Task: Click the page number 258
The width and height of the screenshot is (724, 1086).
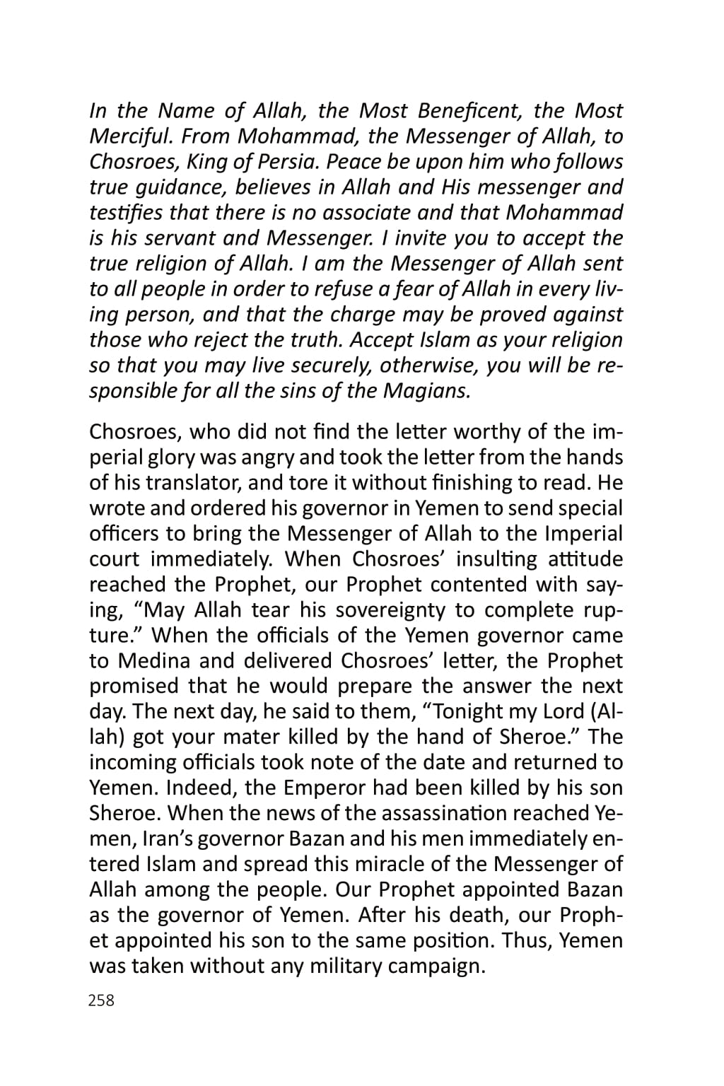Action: [102, 1000]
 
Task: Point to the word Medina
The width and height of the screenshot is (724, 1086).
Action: [154, 660]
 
